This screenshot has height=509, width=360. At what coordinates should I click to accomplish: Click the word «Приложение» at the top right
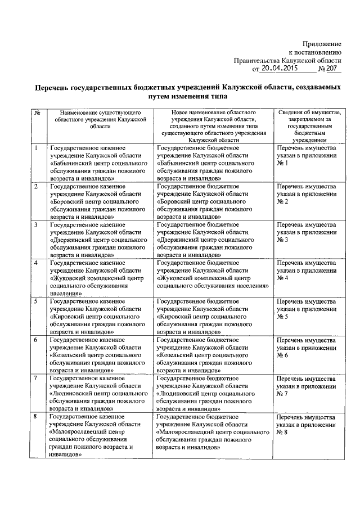coord(322,43)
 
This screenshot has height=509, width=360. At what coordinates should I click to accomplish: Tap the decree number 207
coord(334,69)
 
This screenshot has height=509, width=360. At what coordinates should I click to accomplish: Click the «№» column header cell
coord(37,112)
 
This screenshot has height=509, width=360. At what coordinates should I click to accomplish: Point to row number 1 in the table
coord(36,147)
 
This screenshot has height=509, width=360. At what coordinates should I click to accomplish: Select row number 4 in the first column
coord(36,263)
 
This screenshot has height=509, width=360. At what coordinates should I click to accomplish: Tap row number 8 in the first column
coord(36,417)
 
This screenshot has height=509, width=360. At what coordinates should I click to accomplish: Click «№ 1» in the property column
coord(282,163)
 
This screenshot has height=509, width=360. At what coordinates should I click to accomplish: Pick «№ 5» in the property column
coord(282,317)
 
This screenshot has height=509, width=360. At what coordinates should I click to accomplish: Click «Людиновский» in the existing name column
coord(72,394)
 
